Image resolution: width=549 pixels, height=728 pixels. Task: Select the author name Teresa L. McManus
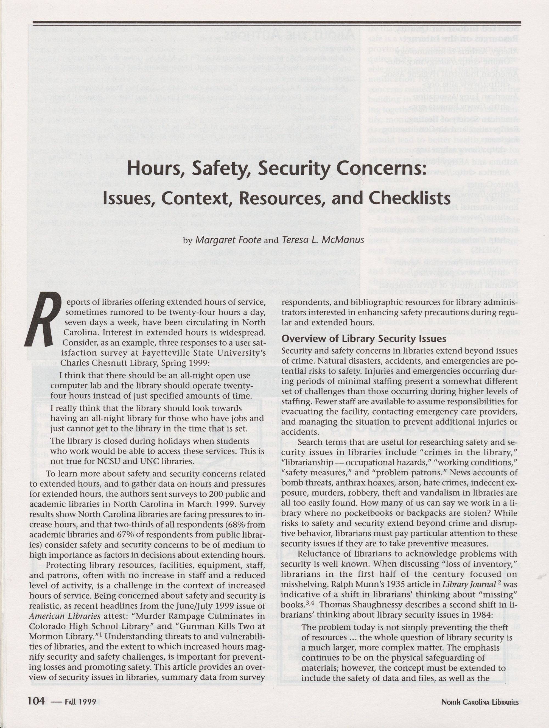(323, 240)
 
